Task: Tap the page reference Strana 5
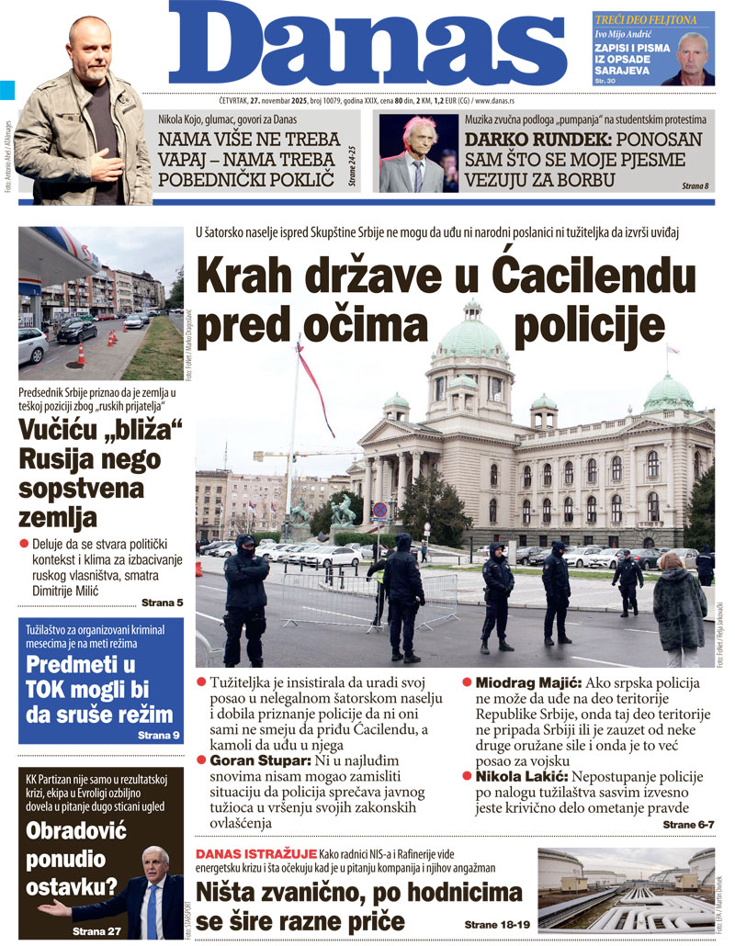[x=162, y=603]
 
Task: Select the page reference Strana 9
[x=159, y=736]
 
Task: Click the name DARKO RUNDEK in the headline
[x=526, y=140]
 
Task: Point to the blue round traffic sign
[x=379, y=510]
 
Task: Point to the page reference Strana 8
[x=695, y=186]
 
